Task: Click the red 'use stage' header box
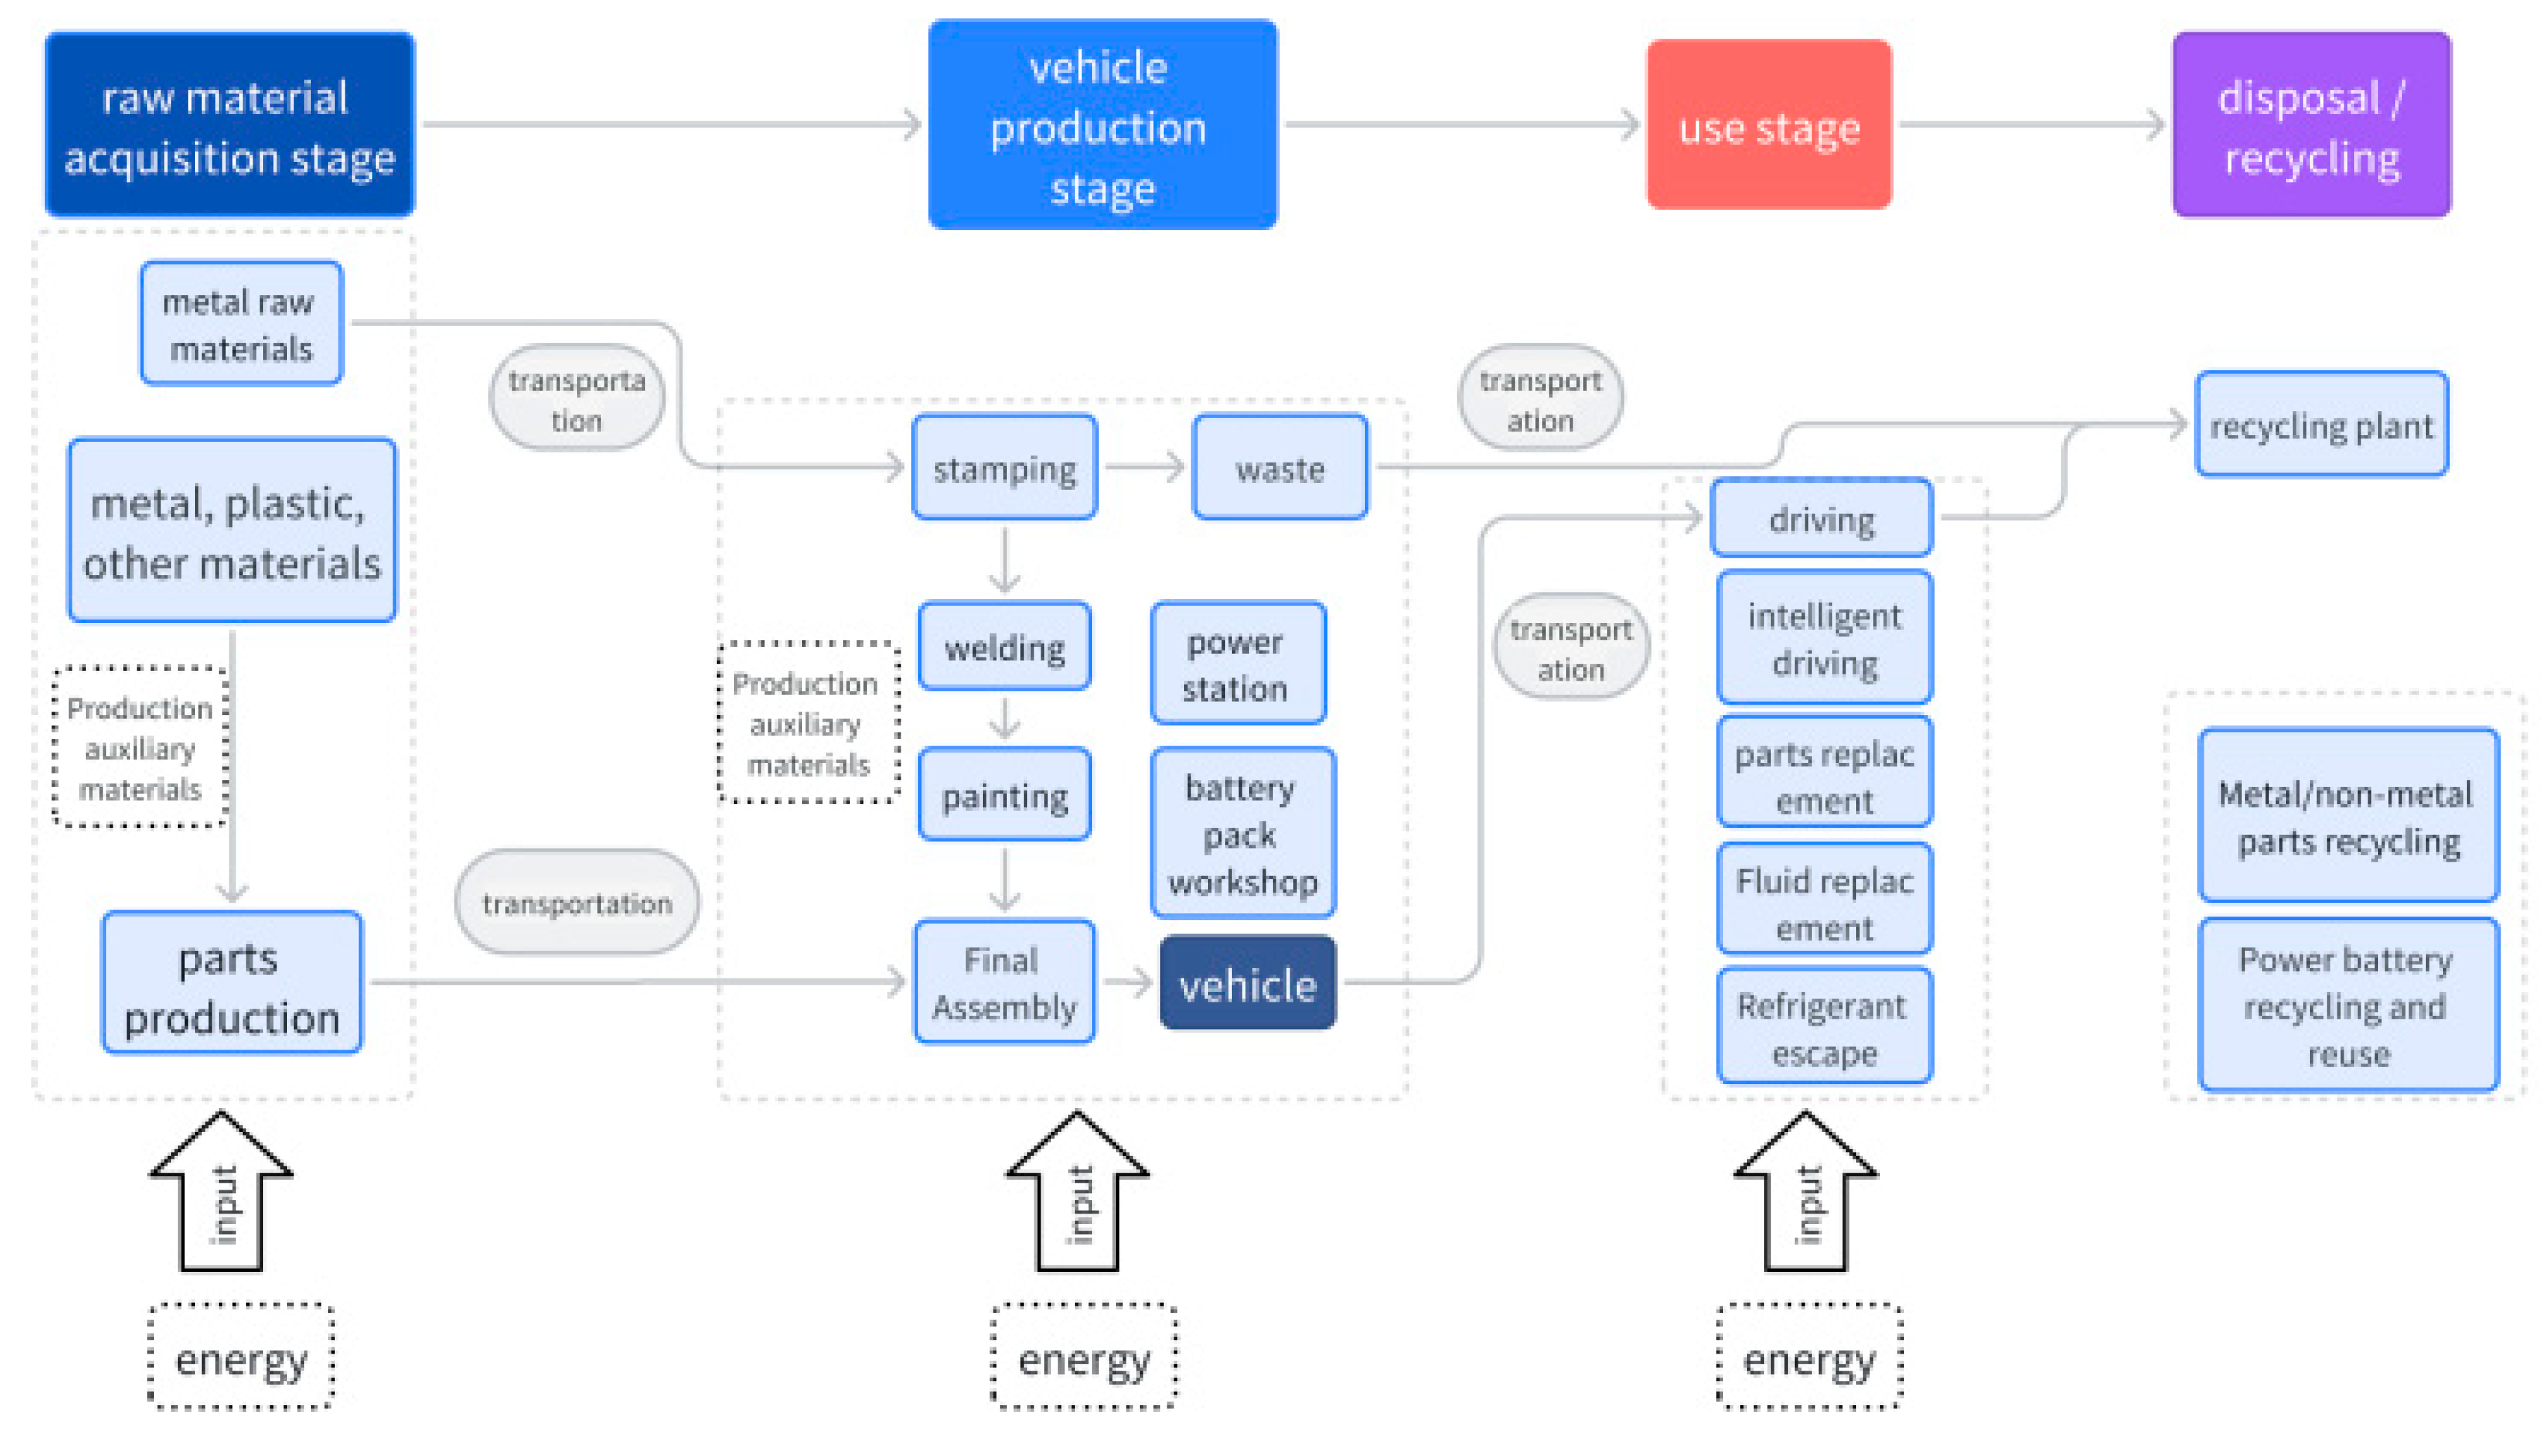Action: click(1768, 125)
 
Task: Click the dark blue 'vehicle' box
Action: click(1247, 983)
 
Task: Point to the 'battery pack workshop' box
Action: click(1242, 833)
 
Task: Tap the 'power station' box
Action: click(1237, 664)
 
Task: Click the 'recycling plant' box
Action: click(2320, 424)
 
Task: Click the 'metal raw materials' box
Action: click(240, 323)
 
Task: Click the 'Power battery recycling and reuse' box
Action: click(2347, 1004)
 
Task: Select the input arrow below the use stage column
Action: click(1805, 1191)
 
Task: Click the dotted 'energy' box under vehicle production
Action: click(1084, 1357)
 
